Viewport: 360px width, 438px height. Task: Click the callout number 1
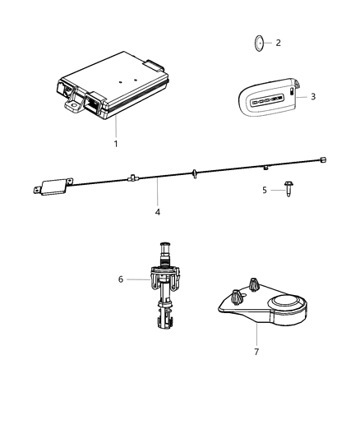[116, 144]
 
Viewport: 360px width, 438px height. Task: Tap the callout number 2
[278, 43]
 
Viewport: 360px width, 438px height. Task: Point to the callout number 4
[157, 211]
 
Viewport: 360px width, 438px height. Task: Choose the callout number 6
[122, 279]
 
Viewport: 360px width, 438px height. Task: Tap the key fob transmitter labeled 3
[266, 99]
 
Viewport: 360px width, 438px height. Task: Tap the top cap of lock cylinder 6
[166, 244]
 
